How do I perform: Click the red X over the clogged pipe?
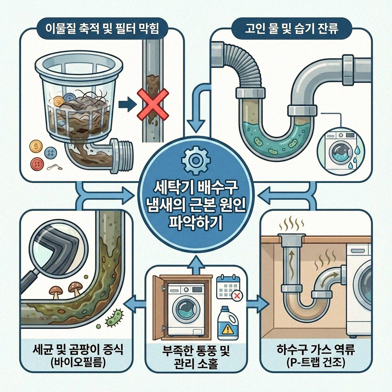point(152,103)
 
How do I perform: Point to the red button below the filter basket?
point(36,164)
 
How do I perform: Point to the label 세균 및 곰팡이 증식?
point(77,350)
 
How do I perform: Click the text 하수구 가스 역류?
point(316,350)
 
